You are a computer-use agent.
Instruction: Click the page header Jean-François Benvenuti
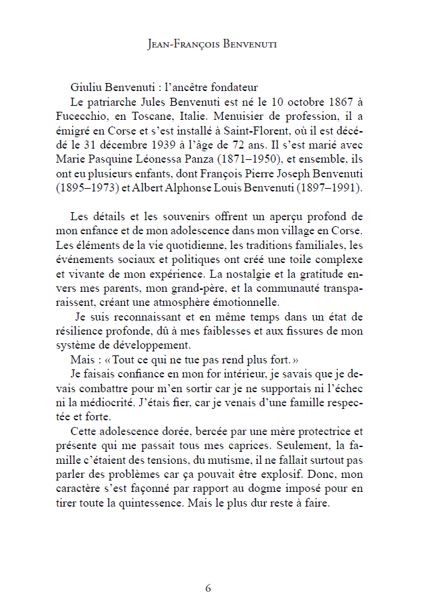coord(211,45)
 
